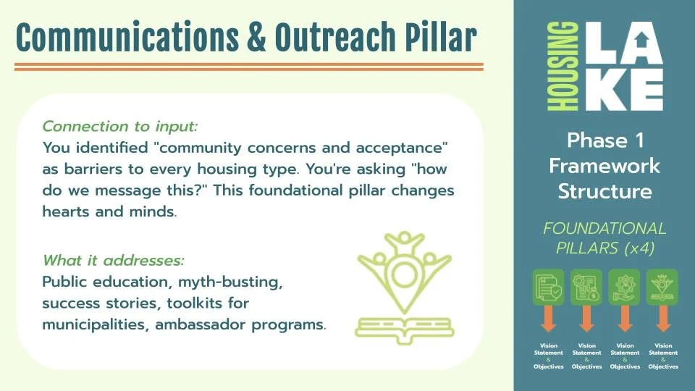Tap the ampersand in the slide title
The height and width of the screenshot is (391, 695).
[x=256, y=37]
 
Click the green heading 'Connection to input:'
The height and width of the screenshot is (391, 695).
[x=120, y=126]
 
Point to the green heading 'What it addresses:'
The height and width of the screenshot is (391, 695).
[x=114, y=260]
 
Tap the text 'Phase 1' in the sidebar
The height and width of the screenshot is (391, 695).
[x=605, y=139]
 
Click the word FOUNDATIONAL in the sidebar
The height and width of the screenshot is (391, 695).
[x=605, y=229]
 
